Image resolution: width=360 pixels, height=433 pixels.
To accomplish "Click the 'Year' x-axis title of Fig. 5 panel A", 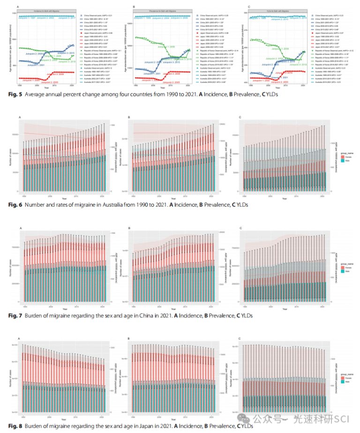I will click(46, 88).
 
